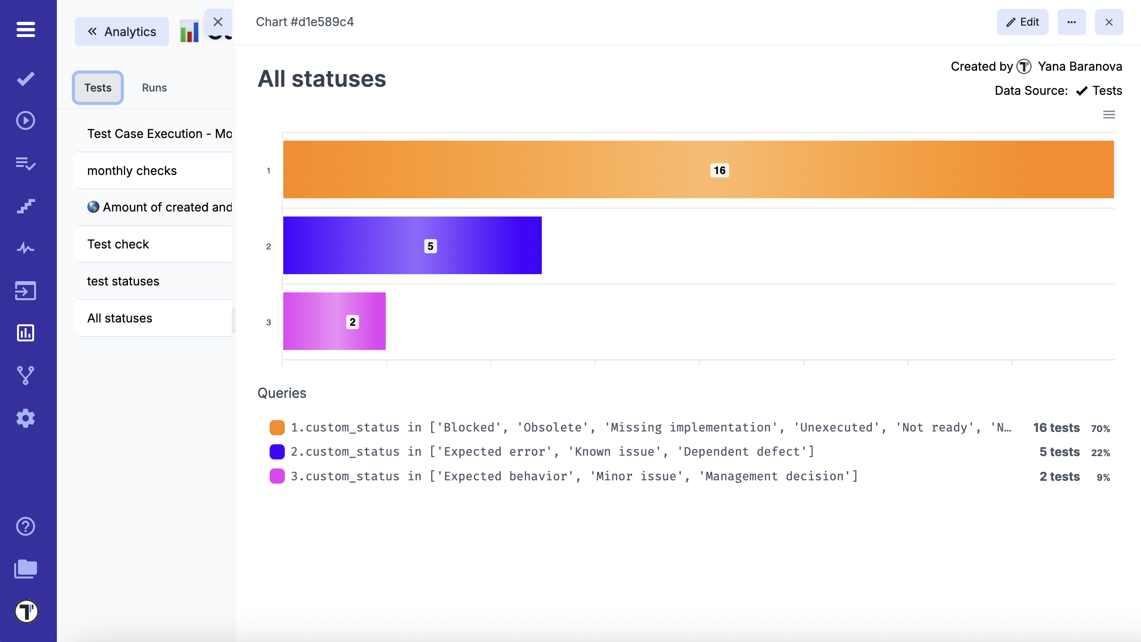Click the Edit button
pyautogui.click(x=1022, y=22)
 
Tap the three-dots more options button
pyautogui.click(x=1071, y=22)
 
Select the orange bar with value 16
pyautogui.click(x=569, y=169)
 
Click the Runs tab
pyautogui.click(x=154, y=88)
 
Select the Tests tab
pyautogui.click(x=98, y=88)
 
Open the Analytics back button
pyautogui.click(x=122, y=32)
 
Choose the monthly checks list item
pyautogui.click(x=132, y=171)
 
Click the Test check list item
pyautogui.click(x=118, y=244)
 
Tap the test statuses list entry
pyautogui.click(x=123, y=281)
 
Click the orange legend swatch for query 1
pyautogui.click(x=277, y=427)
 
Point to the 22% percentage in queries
pyautogui.click(x=1100, y=453)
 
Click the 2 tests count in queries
pyautogui.click(x=1059, y=477)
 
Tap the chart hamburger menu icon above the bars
pyautogui.click(x=1109, y=115)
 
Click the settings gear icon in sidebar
pyautogui.click(x=26, y=418)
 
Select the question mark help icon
pyautogui.click(x=26, y=526)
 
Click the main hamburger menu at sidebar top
pyautogui.click(x=26, y=29)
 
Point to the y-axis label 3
pyautogui.click(x=269, y=322)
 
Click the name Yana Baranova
pyautogui.click(x=1079, y=66)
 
